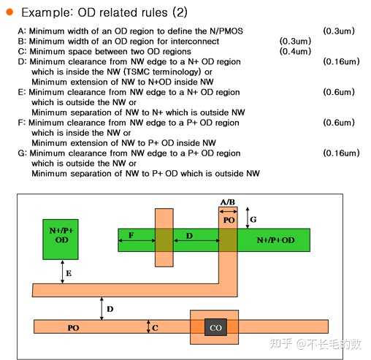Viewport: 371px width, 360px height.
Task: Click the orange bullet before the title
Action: [x=9, y=12]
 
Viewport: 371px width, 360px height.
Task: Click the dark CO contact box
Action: [x=215, y=327]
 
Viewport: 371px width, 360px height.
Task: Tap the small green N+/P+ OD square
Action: [x=61, y=240]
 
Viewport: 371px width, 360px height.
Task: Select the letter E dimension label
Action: [x=69, y=273]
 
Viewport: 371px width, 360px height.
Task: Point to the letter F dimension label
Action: [x=131, y=235]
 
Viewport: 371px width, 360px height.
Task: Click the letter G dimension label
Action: [x=253, y=219]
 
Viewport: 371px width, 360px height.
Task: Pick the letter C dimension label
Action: [x=155, y=328]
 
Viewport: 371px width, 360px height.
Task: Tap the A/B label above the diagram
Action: [x=228, y=202]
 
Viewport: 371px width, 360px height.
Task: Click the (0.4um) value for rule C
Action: [x=295, y=51]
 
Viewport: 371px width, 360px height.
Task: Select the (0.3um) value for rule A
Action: [x=339, y=31]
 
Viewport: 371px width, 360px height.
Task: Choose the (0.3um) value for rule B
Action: [x=295, y=41]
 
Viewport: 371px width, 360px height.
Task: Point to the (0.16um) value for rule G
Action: [x=341, y=153]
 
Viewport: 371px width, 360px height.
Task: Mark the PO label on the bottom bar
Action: [x=73, y=328]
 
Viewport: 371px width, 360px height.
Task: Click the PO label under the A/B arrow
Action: [x=229, y=220]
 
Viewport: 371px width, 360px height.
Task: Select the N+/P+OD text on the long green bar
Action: [x=275, y=240]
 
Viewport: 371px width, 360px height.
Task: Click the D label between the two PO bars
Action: [x=110, y=309]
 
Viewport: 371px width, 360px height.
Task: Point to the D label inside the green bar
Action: [x=189, y=236]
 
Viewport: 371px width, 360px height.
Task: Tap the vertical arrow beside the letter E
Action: [x=63, y=272]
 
